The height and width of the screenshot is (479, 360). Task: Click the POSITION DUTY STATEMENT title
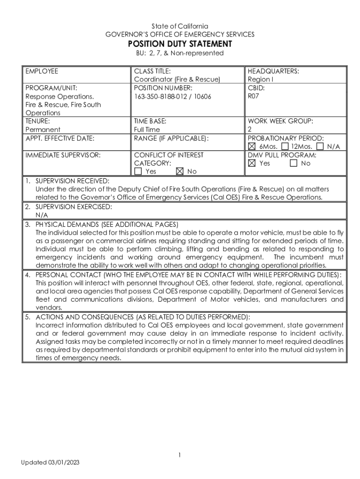click(x=180, y=44)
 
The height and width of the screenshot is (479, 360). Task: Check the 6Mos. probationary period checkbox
click(x=252, y=147)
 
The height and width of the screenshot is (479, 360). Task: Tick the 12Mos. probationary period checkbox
click(x=285, y=147)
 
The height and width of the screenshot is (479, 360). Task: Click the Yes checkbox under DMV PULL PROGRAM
click(x=252, y=163)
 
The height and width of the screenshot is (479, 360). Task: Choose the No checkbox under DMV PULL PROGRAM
click(x=294, y=163)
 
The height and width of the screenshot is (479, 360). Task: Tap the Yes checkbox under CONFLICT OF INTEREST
click(x=138, y=171)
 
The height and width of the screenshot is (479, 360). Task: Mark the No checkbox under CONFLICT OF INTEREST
click(x=180, y=171)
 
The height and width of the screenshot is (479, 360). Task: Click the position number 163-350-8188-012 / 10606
click(x=173, y=96)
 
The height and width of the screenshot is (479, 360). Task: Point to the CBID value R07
click(x=253, y=96)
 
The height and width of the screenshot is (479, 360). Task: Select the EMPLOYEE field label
click(x=42, y=71)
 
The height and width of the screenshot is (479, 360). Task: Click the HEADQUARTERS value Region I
click(x=260, y=80)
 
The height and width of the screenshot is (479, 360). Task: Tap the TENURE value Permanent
click(x=43, y=129)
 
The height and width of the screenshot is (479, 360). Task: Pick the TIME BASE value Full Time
click(x=147, y=129)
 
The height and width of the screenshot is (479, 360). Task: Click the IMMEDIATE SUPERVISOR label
click(x=63, y=155)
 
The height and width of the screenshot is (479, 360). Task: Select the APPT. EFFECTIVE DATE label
click(x=60, y=138)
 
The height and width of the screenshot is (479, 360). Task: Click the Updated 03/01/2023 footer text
click(x=50, y=463)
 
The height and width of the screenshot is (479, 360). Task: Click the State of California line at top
click(x=180, y=26)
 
